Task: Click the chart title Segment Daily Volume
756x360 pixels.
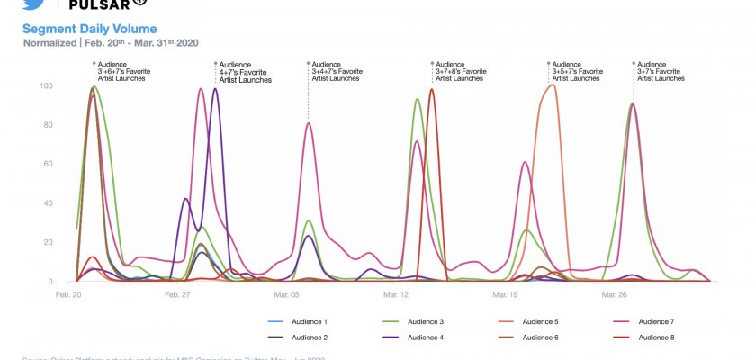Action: [x=89, y=29]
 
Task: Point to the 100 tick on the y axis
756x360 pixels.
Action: [x=45, y=86]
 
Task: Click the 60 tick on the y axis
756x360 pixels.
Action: [x=47, y=165]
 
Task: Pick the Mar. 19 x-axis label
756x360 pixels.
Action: [x=506, y=294]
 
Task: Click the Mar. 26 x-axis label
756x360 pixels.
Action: [x=614, y=294]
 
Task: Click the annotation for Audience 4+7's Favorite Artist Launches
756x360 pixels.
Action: [x=245, y=72]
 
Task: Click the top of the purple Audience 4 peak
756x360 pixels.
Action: [x=214, y=89]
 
